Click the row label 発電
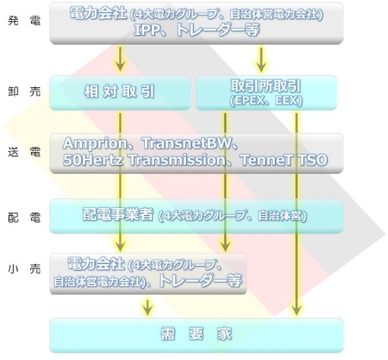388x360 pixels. point(24,21)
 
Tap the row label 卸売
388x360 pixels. point(24,92)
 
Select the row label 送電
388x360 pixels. point(24,153)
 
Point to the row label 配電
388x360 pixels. point(24,218)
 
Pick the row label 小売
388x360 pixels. point(24,269)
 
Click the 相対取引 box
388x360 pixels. point(120,93)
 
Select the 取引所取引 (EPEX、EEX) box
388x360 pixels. point(267,93)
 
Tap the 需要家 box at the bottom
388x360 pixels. point(197,336)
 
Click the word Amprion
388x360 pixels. point(95,144)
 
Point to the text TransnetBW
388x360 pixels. point(187,144)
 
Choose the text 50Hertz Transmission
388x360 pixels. point(144,160)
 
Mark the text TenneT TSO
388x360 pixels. point(284,160)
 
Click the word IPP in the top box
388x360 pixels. point(147,30)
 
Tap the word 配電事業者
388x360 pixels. point(118,215)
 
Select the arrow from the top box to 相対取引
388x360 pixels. point(120,59)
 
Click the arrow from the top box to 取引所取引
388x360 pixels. point(261,59)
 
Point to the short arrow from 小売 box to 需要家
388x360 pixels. point(147,307)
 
